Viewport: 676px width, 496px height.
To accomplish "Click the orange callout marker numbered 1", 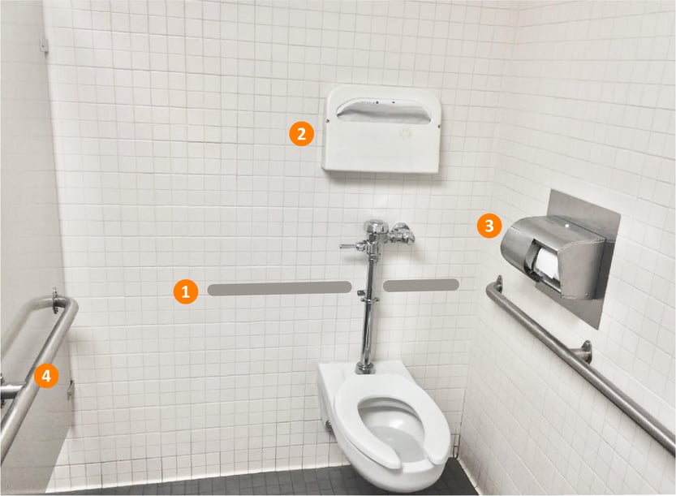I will click(x=186, y=291).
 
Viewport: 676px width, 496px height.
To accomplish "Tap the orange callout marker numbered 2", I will click(x=301, y=133).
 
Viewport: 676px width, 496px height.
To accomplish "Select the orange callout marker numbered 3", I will click(x=488, y=226).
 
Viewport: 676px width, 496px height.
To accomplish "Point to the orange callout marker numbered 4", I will click(x=46, y=375).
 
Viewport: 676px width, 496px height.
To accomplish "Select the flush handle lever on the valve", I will click(x=351, y=244).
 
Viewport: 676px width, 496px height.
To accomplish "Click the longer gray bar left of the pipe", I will click(x=279, y=287).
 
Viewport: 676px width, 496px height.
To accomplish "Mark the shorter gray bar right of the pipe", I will click(x=420, y=284).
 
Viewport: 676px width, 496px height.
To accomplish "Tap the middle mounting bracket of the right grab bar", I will click(x=583, y=352).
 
